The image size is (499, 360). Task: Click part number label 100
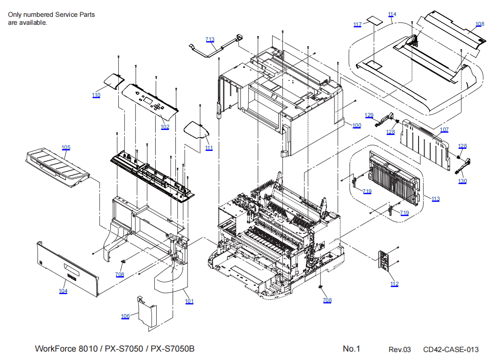(357, 126)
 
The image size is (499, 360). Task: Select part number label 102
(165, 127)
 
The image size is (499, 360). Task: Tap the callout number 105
(66, 148)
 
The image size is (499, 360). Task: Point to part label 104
(63, 291)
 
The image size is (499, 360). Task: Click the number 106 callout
(125, 317)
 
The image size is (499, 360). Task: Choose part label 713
(210, 40)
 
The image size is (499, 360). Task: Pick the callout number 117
(358, 24)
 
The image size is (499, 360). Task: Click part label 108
(480, 24)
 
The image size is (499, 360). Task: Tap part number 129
(369, 115)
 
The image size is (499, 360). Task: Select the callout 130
(462, 181)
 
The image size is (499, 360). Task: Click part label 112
(395, 284)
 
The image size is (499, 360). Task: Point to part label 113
(435, 199)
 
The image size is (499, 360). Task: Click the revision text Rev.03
(399, 350)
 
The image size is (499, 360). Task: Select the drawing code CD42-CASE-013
(451, 350)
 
